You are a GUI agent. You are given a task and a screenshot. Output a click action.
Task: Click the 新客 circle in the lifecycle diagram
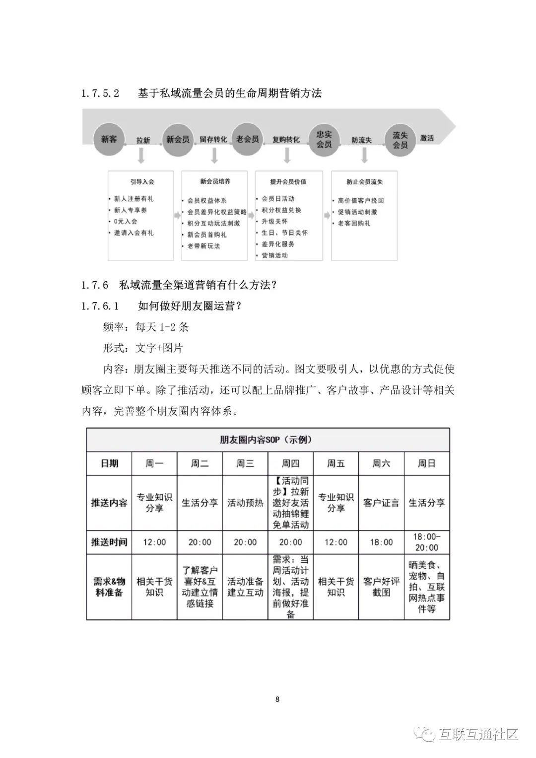[x=109, y=139]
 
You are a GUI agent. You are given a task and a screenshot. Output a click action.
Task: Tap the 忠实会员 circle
[x=324, y=139]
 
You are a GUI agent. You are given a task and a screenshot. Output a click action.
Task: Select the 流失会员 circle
[x=400, y=140]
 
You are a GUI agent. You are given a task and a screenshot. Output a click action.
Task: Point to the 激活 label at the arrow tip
[x=427, y=138]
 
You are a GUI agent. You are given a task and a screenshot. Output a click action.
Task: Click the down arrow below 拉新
[x=141, y=156]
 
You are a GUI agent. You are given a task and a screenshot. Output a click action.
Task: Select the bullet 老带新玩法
[x=203, y=246]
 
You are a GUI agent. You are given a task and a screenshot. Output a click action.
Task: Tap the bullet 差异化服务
[x=278, y=244]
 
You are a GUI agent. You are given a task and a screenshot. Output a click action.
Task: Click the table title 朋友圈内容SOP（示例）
[x=267, y=440]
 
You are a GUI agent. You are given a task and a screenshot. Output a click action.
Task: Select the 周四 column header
[x=290, y=463]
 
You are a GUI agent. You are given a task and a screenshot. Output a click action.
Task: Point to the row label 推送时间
[x=109, y=542]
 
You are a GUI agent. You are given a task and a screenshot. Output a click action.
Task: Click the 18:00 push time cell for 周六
[x=381, y=542]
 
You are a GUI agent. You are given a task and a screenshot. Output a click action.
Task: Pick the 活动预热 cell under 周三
[x=245, y=503]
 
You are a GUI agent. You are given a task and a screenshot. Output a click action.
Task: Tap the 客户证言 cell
[x=381, y=503]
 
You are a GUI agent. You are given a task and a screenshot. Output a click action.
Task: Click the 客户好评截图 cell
[x=381, y=587]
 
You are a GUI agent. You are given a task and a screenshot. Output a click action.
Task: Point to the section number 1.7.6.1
[x=100, y=306]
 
